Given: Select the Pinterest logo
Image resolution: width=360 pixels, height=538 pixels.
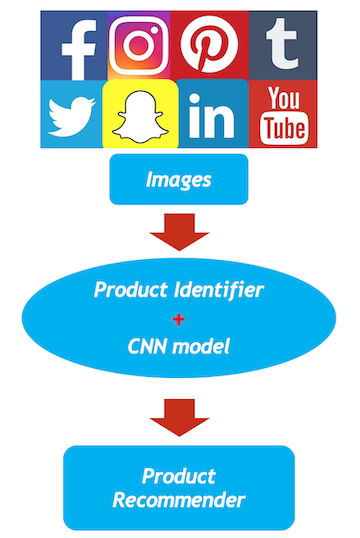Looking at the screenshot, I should point(207,45).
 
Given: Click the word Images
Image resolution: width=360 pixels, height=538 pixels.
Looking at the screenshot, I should point(178,180).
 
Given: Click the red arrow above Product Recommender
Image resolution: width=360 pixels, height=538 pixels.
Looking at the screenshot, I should point(179,412).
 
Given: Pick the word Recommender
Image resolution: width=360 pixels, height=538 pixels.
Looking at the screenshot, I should point(179,498).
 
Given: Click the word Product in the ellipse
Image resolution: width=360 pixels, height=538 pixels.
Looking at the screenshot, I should point(129,291).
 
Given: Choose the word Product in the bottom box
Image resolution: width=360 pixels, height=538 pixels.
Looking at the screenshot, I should point(179,475).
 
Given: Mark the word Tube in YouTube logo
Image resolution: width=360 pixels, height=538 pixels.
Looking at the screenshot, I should point(283,129).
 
